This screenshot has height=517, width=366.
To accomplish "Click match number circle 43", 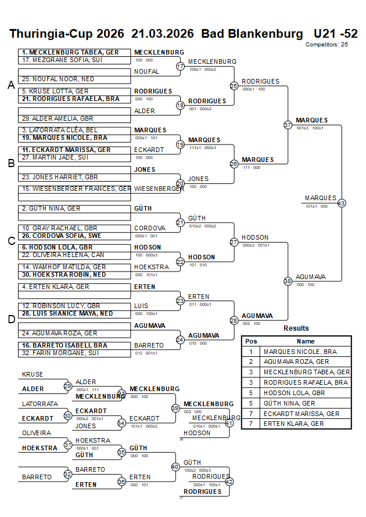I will [341, 203].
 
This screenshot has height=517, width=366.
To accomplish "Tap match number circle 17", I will [180, 67].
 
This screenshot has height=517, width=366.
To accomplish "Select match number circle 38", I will [288, 281].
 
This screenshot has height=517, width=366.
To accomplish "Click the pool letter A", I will [10, 85].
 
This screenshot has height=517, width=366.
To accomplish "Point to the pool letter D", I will [10, 319].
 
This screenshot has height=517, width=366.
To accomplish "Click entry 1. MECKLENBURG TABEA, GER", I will [71, 52].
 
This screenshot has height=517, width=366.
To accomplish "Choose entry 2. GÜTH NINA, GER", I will [50, 208].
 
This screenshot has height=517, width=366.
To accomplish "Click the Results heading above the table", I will [296, 328].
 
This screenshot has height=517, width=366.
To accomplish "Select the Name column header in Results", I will [306, 341].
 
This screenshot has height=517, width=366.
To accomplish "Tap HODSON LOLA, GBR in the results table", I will [294, 393].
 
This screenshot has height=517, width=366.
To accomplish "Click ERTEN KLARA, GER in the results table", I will [294, 424].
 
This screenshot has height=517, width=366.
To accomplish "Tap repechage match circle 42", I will [229, 482].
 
